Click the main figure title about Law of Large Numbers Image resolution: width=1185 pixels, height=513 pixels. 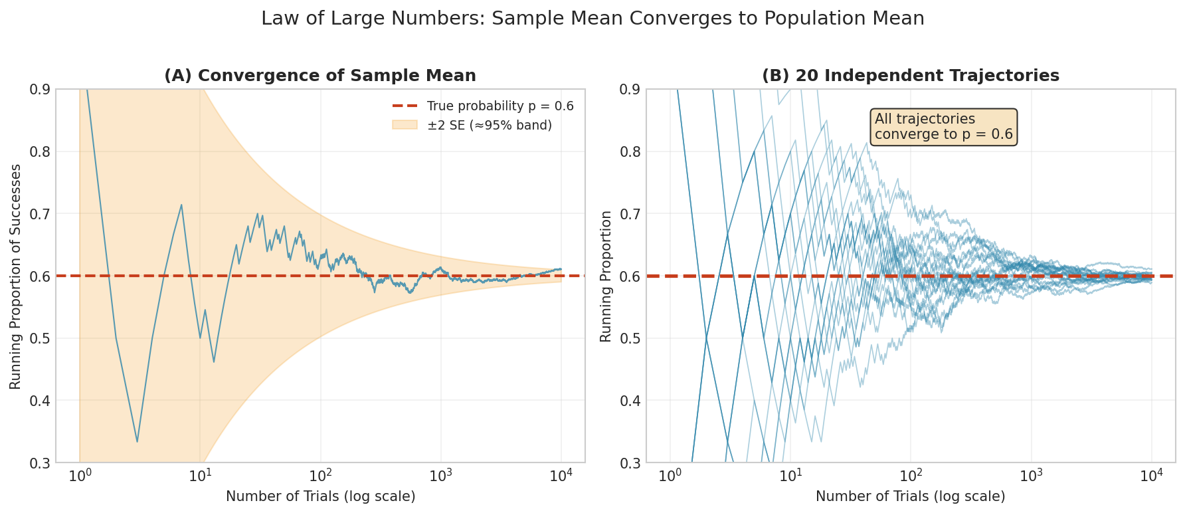[x=592, y=19]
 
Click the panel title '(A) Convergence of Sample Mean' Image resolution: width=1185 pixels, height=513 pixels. [x=320, y=76]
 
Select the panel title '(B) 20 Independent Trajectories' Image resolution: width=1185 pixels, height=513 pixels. [x=910, y=76]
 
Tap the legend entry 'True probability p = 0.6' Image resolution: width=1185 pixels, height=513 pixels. [x=500, y=106]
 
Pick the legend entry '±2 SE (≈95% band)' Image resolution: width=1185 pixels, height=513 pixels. [x=489, y=125]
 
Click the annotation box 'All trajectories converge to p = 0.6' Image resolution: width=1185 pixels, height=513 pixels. [x=943, y=127]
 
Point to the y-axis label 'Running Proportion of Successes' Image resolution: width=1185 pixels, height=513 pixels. [x=16, y=276]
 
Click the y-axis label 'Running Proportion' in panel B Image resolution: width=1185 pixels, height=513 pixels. [x=606, y=276]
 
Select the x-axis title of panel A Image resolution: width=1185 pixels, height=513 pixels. [x=320, y=496]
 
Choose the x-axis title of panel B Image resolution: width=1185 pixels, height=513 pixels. [x=910, y=496]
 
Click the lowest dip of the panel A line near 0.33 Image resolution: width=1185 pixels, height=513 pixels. [x=137, y=441]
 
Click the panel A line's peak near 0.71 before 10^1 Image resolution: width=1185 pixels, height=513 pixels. [x=181, y=205]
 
